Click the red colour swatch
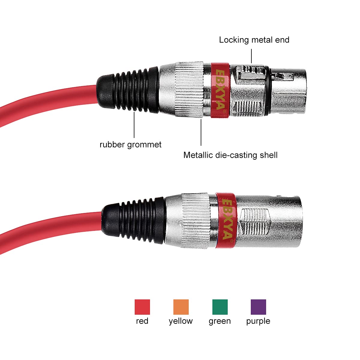(x=142, y=307)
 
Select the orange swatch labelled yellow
(x=181, y=307)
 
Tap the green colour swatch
(x=220, y=307)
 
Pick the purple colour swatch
(x=258, y=307)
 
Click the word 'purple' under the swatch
(x=258, y=321)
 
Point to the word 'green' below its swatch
(x=220, y=321)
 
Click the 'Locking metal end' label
(x=254, y=40)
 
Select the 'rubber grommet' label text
(x=130, y=145)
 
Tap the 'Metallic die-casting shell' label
(x=230, y=155)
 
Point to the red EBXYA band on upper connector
(x=220, y=90)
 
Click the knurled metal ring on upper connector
(x=189, y=89)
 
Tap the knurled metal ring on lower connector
(x=196, y=220)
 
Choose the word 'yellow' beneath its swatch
(x=181, y=321)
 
